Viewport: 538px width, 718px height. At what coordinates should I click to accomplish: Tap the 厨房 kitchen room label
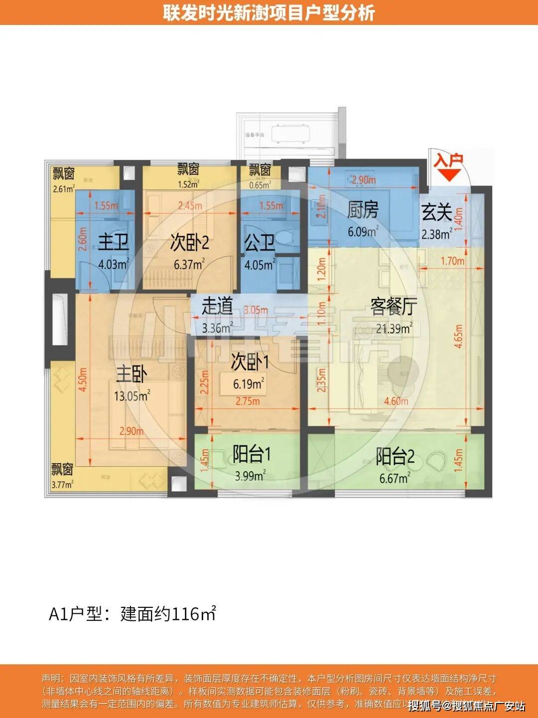(x=362, y=210)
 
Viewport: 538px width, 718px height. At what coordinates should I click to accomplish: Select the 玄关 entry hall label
(x=437, y=213)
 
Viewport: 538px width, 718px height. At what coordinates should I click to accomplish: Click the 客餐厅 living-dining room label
(x=393, y=307)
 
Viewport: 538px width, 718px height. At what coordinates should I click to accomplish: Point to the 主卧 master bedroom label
(x=131, y=374)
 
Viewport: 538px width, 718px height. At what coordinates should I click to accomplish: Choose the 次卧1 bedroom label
(x=250, y=362)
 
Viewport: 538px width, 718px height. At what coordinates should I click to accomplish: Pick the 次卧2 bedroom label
(x=189, y=243)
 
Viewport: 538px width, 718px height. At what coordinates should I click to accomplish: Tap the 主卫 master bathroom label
(x=113, y=242)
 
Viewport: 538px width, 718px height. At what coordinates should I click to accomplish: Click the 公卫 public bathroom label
(x=260, y=243)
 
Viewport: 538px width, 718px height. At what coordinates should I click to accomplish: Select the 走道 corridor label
(x=217, y=306)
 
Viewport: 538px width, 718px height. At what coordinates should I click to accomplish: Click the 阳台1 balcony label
(x=252, y=455)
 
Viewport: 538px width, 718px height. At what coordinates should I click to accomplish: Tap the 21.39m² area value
(x=394, y=328)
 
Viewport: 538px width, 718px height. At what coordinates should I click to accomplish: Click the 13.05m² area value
(x=132, y=396)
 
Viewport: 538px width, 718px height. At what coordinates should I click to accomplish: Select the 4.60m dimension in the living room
(x=396, y=401)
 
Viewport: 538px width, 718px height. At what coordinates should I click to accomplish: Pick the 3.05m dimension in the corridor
(x=256, y=310)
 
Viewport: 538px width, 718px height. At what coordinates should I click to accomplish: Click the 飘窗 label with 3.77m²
(x=62, y=469)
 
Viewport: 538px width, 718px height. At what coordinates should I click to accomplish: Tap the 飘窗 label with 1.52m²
(x=188, y=170)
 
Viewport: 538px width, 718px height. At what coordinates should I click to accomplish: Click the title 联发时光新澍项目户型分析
(x=269, y=12)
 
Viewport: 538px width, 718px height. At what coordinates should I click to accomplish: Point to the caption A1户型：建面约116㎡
(x=133, y=613)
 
